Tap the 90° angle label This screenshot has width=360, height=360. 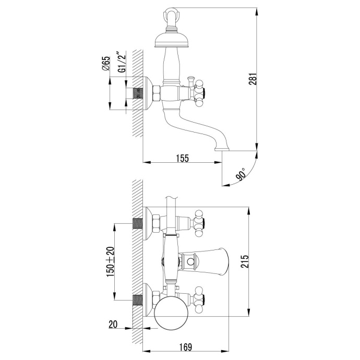[241, 174]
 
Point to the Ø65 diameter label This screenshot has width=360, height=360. [105, 63]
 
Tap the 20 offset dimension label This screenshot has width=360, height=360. [113, 324]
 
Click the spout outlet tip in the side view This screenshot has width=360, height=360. [222, 149]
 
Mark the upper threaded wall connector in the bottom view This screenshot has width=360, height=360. [138, 224]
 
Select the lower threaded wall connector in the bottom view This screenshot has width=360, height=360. [138, 300]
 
